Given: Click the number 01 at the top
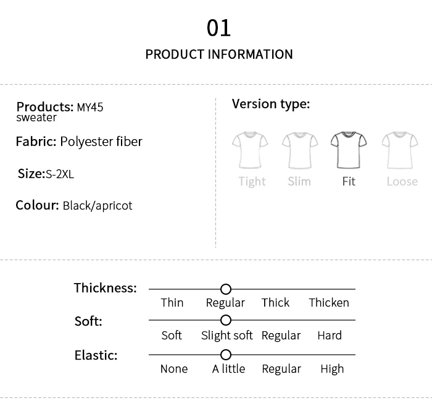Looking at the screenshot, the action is (x=218, y=28).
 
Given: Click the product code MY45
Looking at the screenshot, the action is (x=90, y=107).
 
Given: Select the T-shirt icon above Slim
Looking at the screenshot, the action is (x=299, y=149).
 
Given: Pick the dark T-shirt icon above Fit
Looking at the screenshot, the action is (x=349, y=149).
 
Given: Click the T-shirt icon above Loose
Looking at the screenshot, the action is (x=399, y=149).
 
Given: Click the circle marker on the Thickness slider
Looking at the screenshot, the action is (x=226, y=289).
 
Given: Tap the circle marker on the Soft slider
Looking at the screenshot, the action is (x=226, y=320).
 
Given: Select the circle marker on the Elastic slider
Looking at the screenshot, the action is (x=226, y=355).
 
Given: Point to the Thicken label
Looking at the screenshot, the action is (x=329, y=303).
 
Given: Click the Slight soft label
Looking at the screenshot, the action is (x=226, y=336).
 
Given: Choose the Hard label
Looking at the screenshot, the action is (x=330, y=336).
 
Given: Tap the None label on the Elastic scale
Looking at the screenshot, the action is (x=173, y=369).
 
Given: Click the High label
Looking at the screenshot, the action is (x=332, y=369).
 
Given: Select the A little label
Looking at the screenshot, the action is (x=228, y=369).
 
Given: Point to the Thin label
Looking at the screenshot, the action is (x=172, y=303).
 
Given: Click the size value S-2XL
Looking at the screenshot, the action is (x=60, y=174).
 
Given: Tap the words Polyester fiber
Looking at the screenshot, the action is (x=101, y=142).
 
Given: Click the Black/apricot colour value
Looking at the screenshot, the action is (x=98, y=206).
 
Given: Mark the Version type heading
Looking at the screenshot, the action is (x=271, y=104).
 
